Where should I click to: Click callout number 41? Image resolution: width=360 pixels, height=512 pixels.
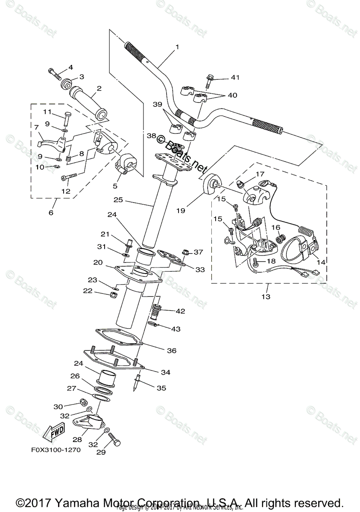[235, 78]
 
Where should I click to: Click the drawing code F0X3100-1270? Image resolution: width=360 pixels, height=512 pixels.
[56, 450]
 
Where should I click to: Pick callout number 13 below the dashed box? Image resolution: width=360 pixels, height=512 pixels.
[266, 297]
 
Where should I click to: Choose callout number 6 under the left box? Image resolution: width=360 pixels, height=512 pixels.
[51, 212]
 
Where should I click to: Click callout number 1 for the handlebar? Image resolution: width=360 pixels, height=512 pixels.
[177, 47]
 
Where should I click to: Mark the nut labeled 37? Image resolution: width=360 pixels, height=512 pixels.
[186, 252]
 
